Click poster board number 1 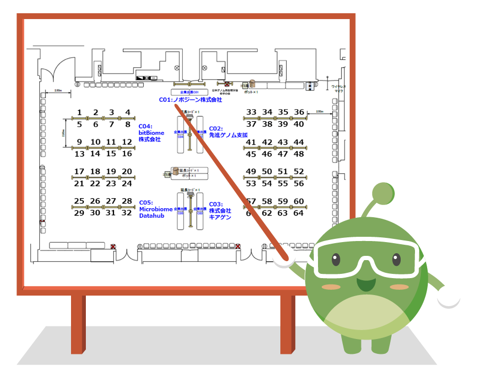coord(79,112)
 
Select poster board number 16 coord(127,154)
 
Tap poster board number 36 coord(299,112)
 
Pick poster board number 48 coord(299,154)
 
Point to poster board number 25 coord(79,201)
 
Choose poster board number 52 coord(299,172)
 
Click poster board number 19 coord(111,172)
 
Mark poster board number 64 coord(299,213)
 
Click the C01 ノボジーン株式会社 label coord(190,100)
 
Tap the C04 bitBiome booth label coord(152,132)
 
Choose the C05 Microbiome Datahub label coord(155,209)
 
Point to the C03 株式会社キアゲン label coord(220,211)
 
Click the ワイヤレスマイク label coord(339,88)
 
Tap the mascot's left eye coord(335,260)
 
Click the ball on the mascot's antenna coord(383,194)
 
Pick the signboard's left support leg coord(78,323)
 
